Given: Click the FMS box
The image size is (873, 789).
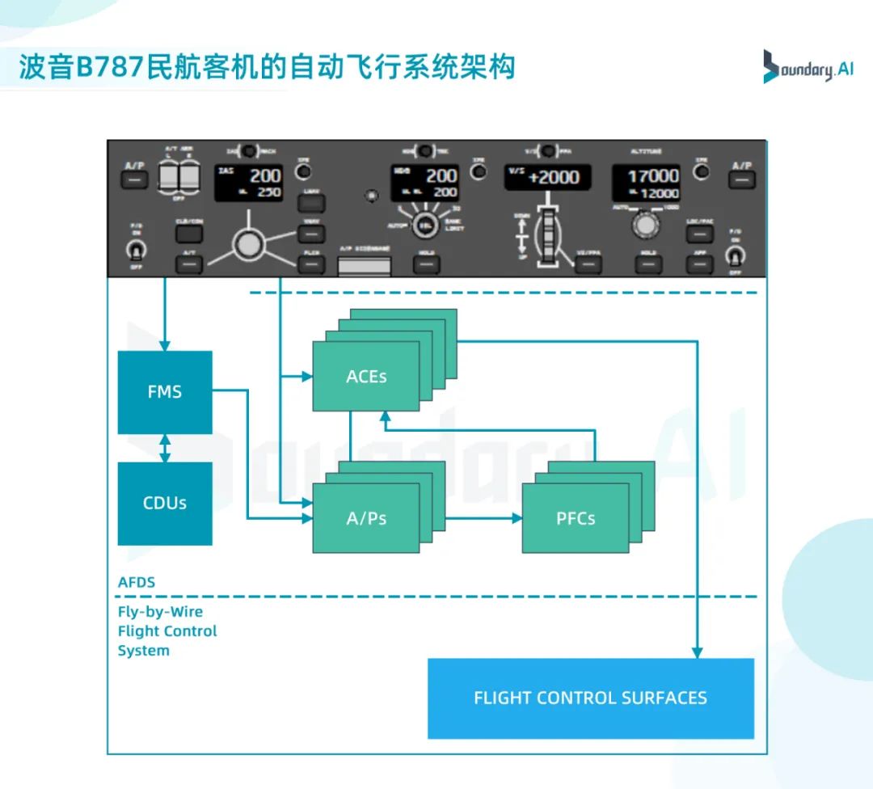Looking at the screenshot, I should click(165, 392).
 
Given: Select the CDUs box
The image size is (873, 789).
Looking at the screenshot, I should click(165, 503).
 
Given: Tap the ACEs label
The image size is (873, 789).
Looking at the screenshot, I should click(366, 377).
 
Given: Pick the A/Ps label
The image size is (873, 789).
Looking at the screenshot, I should click(366, 518).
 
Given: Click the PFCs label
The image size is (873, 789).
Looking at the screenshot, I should click(576, 518).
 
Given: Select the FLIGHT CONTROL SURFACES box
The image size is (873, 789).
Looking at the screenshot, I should click(590, 698).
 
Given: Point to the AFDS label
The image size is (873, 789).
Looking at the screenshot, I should click(137, 582).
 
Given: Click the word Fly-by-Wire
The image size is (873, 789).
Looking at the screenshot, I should click(160, 612).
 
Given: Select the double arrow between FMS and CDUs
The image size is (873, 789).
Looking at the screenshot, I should click(165, 448).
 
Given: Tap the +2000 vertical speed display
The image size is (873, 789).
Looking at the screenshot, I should click(547, 177).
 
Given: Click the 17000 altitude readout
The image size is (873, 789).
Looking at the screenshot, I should click(653, 175).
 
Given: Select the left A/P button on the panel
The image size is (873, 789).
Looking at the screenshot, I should click(134, 178).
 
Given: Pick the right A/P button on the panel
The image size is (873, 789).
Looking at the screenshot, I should click(741, 178).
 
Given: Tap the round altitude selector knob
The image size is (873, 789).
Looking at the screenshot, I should click(644, 226).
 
